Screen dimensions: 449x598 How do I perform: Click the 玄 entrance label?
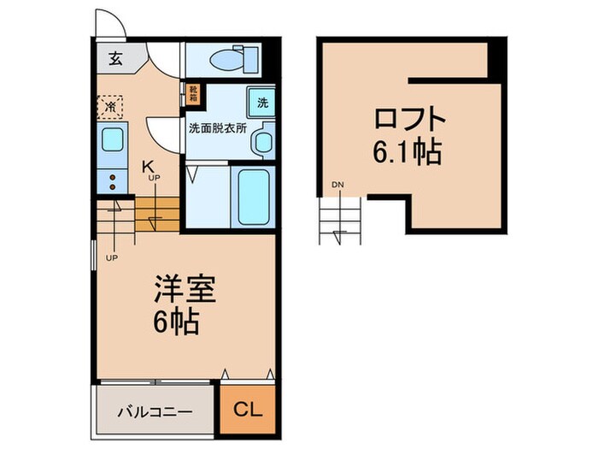click(114, 59)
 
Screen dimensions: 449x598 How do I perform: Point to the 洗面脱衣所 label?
click(218, 129)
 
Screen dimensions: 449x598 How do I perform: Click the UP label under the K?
click(154, 178)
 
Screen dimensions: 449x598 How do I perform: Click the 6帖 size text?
click(178, 322)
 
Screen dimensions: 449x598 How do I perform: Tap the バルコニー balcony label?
click(154, 410)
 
